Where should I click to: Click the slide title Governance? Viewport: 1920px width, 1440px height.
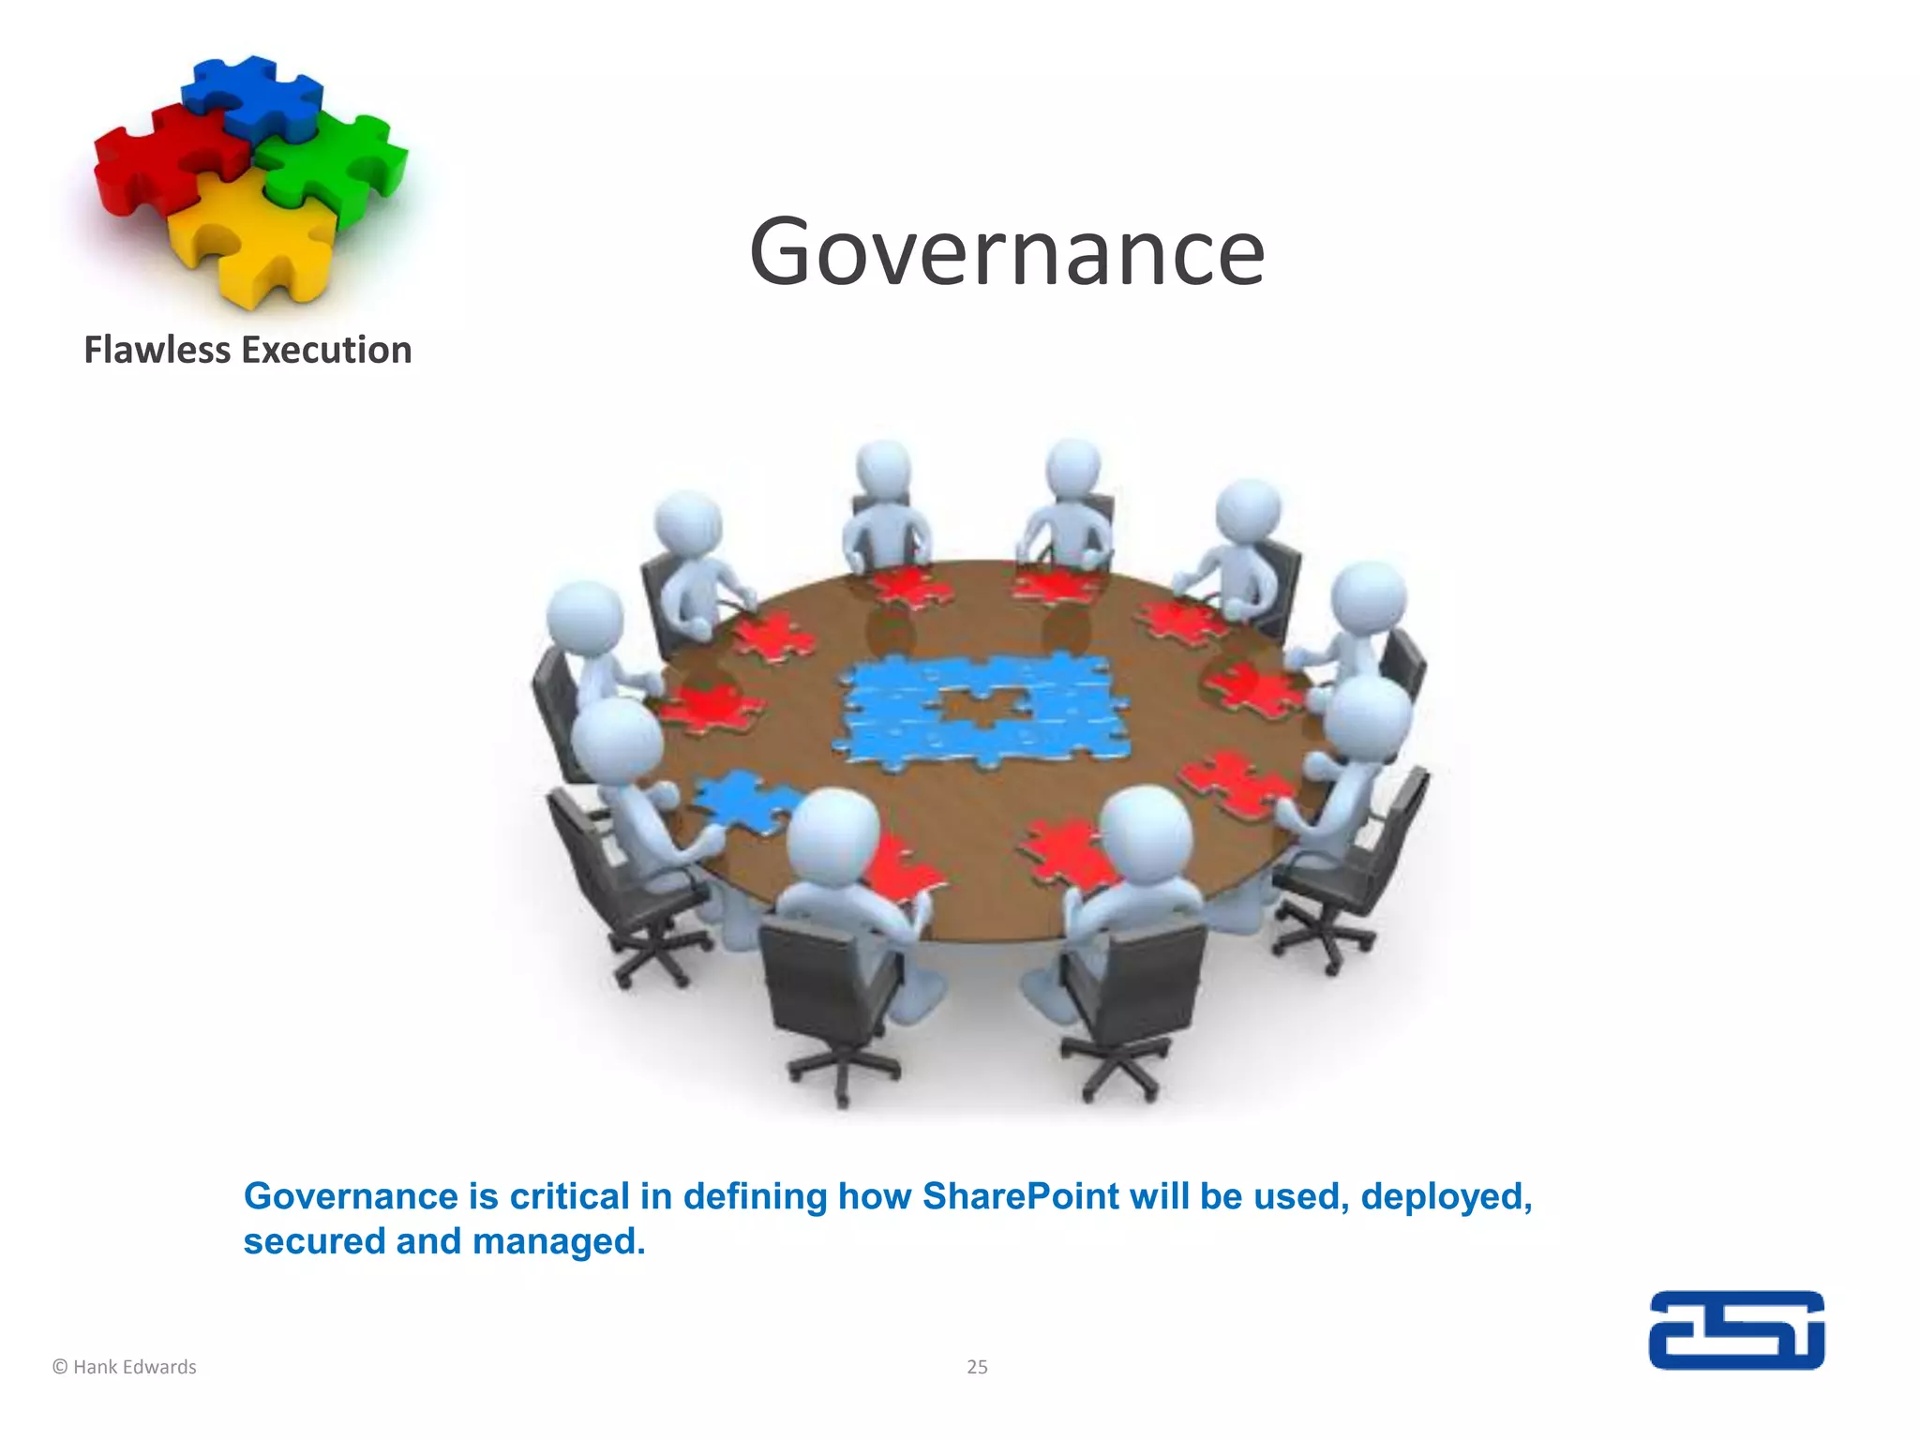(x=1007, y=251)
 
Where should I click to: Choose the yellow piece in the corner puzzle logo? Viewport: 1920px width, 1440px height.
(x=253, y=239)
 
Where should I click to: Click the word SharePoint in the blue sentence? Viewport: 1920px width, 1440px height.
(x=1020, y=1197)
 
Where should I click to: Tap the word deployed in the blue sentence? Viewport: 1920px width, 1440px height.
(x=1446, y=1197)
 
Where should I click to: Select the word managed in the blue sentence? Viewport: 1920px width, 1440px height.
(x=559, y=1242)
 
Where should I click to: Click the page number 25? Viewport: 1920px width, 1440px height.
(x=977, y=1367)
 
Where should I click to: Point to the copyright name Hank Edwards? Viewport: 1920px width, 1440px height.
(x=134, y=1367)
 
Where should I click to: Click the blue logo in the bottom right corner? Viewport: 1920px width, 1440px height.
(x=1736, y=1330)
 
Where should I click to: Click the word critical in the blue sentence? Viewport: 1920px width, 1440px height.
(x=569, y=1197)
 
